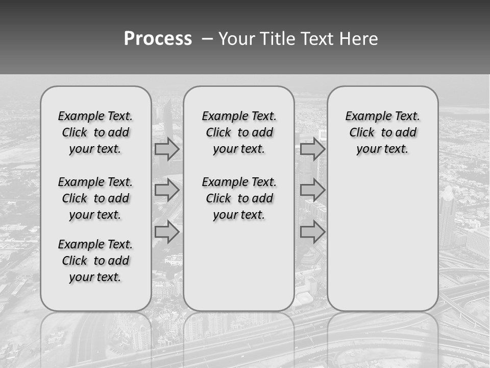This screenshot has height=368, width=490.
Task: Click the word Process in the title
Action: coord(158,39)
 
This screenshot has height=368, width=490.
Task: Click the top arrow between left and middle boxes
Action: coord(167,149)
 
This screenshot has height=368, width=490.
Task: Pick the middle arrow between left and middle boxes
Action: coord(167,190)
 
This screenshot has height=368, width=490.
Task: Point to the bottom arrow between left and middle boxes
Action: coord(167,232)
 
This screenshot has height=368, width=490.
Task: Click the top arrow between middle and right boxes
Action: coord(312,149)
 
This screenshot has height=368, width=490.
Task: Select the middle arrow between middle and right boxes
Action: coord(312,190)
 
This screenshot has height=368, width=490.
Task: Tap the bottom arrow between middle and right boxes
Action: coord(312,232)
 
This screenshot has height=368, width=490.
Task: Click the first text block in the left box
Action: coord(95,132)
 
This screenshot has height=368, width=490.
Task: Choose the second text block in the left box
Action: coord(95,198)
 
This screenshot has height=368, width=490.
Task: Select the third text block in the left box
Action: coord(95,261)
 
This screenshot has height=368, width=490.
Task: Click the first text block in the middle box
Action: coord(239,132)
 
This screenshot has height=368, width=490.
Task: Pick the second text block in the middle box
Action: coord(239,198)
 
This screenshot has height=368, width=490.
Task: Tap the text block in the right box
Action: coord(382,132)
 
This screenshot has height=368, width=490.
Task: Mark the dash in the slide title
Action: coord(207,39)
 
